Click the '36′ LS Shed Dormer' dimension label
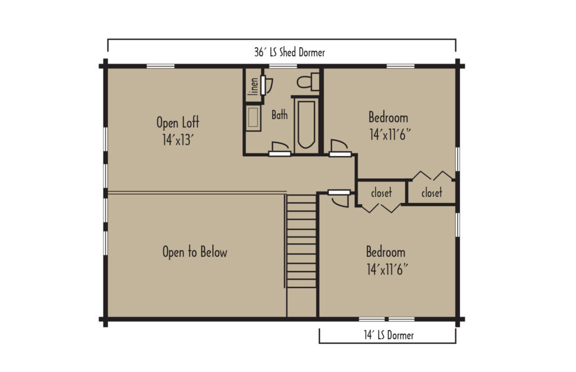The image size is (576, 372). tap(289, 53)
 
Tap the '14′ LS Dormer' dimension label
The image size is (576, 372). tap(388, 335)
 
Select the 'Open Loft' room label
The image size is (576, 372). tap(178, 122)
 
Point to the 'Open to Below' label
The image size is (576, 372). tap(195, 252)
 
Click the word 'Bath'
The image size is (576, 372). tap(280, 115)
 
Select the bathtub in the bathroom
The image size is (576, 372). tap(306, 124)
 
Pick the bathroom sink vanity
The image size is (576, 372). tap(253, 118)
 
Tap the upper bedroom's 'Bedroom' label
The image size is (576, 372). tap(388, 118)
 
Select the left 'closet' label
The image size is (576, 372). tap(381, 193)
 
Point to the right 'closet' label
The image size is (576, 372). tap(431, 193)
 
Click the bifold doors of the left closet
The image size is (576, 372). tap(381, 208)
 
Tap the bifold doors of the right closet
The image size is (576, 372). tap(432, 175)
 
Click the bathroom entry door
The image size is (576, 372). tap(280, 149)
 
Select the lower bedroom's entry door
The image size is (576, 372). tap(340, 197)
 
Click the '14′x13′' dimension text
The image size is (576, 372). tap(178, 139)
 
